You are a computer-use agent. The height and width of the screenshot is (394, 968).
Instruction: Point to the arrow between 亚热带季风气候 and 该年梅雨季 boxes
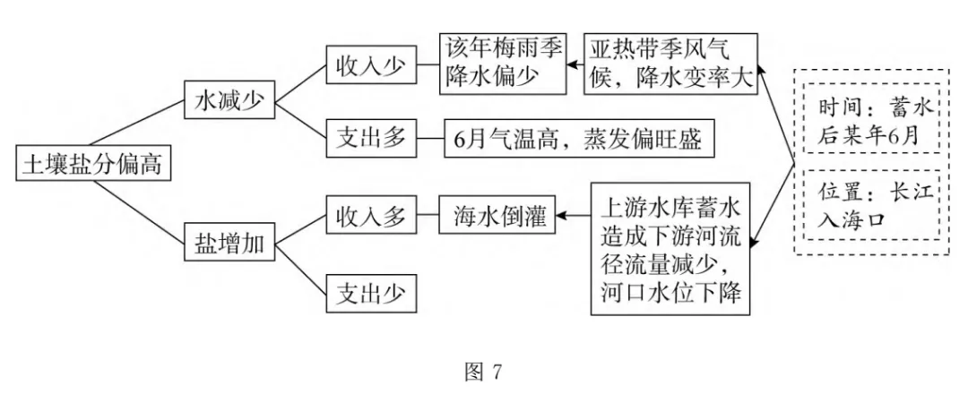pyautogui.click(x=576, y=64)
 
